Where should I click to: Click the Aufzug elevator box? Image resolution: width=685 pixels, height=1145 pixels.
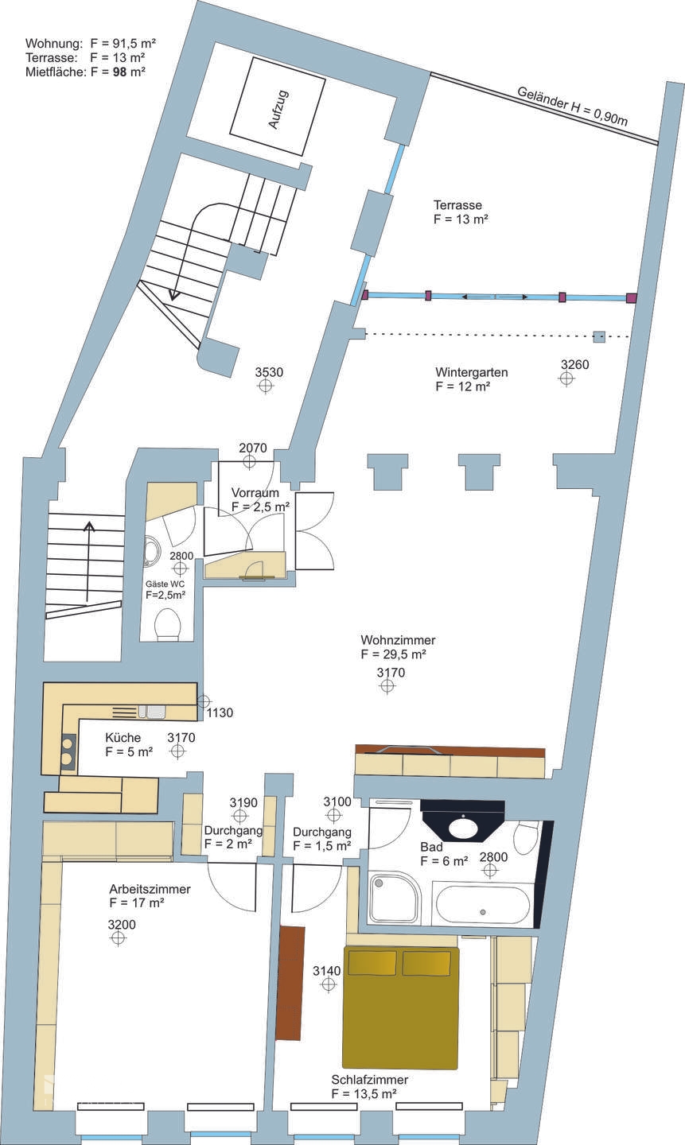click(x=278, y=107)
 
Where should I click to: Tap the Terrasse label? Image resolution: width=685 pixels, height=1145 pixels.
click(x=458, y=205)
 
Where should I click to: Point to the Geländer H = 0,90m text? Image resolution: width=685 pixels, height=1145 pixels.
click(x=573, y=107)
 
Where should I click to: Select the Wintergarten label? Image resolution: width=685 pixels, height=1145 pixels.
click(x=471, y=371)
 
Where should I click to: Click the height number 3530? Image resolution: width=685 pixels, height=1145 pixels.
click(x=269, y=372)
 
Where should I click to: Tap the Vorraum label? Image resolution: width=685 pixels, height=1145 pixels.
click(x=255, y=493)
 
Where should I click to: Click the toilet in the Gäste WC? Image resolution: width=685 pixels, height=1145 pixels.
click(x=167, y=624)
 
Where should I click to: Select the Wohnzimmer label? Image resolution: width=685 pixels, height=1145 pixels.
click(x=398, y=640)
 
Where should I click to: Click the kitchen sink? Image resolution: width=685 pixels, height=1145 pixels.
click(x=151, y=712)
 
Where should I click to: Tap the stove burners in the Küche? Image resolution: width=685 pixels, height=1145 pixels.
click(x=68, y=751)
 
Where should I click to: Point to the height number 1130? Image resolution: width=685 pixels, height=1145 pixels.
click(x=220, y=712)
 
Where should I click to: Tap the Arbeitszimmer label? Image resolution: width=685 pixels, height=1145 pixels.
click(x=150, y=889)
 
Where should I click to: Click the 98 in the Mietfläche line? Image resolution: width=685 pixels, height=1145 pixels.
click(x=119, y=72)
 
